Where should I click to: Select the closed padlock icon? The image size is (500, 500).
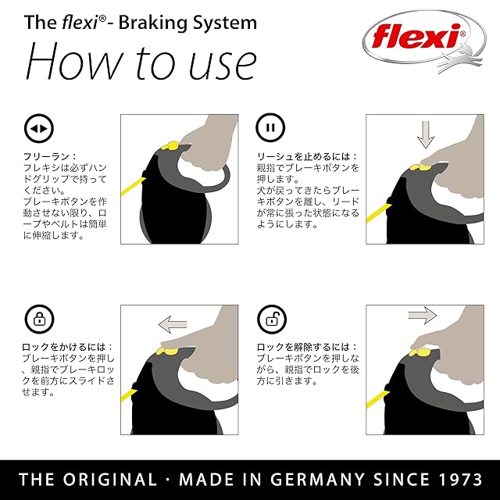[x=37, y=319]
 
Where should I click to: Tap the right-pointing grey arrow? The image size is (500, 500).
[x=422, y=316]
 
